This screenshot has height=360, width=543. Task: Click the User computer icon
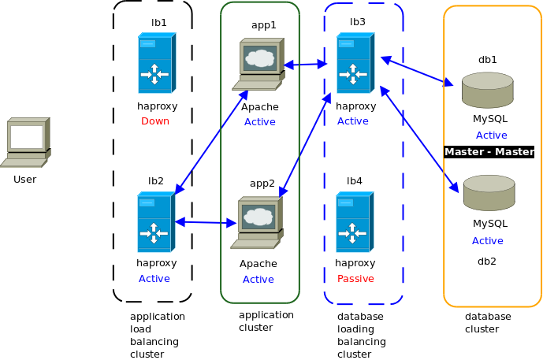[x=25, y=143]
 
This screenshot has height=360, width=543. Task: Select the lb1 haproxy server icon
[x=155, y=63]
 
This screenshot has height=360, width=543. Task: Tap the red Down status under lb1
[x=155, y=121]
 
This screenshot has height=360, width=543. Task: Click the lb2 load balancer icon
[x=154, y=223]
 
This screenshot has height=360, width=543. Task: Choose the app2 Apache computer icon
[x=258, y=224]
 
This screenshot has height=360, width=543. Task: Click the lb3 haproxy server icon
[x=353, y=63]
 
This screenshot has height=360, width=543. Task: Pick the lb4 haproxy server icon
[x=353, y=223]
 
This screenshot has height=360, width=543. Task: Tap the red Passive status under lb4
[x=355, y=279]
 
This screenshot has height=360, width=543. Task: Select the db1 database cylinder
[x=488, y=90]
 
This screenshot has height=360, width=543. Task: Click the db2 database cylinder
[x=489, y=194]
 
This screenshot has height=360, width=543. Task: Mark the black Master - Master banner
[x=489, y=152]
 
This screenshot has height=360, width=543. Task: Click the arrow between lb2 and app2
[x=206, y=223]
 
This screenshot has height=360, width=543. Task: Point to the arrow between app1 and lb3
[x=305, y=65]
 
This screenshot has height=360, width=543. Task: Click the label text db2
[x=487, y=261]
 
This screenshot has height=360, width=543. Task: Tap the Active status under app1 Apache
[x=259, y=122]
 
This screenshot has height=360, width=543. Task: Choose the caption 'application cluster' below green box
[x=266, y=321]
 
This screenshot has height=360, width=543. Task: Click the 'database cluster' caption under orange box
[x=488, y=322]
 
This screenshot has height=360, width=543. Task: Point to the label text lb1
[x=159, y=23]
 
